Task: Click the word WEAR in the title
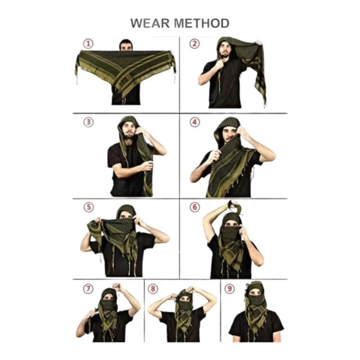point(150,23)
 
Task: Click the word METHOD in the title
point(201,23)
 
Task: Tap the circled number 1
point(88,44)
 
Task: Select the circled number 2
point(195,44)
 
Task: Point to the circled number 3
point(88,122)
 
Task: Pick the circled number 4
point(195,122)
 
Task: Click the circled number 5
point(89,207)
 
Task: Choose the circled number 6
point(195,207)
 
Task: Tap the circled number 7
point(88,289)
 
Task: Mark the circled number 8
point(153,289)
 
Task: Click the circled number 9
point(229,289)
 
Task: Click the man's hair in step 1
point(126,43)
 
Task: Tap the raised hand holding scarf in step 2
point(259,43)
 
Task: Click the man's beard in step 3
point(129,135)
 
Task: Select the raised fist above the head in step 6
point(233,204)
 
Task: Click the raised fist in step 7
point(116,287)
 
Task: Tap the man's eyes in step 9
point(255,293)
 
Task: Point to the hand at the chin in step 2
point(219,64)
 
